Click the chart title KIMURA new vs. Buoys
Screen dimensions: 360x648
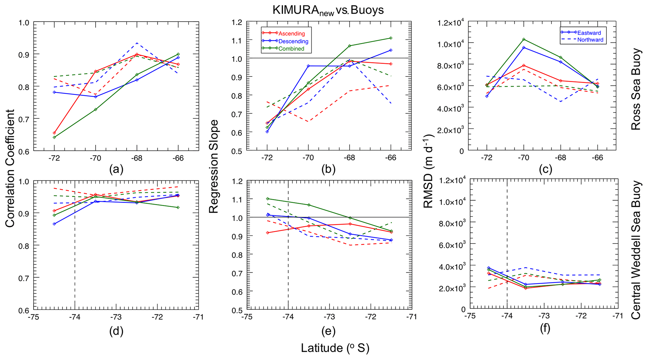pyautogui.click(x=328, y=10)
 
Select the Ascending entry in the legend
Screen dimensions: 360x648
pyautogui.click(x=291, y=34)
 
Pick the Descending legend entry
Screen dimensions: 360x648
pyautogui.click(x=293, y=41)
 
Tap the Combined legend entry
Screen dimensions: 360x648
pyautogui.click(x=291, y=49)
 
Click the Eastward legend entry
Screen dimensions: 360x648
pyautogui.click(x=589, y=33)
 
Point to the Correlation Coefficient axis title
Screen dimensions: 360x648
pyautogui.click(x=10, y=168)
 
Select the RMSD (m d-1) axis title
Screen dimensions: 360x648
pyautogui.click(x=429, y=171)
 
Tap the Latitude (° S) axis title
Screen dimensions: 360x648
pyautogui.click(x=335, y=348)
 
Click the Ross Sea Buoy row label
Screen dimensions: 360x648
pyautogui.click(x=636, y=89)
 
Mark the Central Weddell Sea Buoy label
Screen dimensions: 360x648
pyautogui.click(x=636, y=250)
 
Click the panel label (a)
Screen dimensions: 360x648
pyautogui.click(x=116, y=170)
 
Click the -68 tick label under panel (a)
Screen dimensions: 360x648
pyautogui.click(x=137, y=158)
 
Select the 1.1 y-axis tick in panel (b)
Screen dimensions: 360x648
pyautogui.click(x=237, y=40)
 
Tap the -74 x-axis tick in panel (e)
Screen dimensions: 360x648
pyautogui.click(x=288, y=317)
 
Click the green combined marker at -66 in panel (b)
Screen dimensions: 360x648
pyautogui.click(x=391, y=38)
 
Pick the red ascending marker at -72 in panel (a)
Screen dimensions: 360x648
pyautogui.click(x=54, y=133)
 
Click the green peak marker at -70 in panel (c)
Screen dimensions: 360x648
pyautogui.click(x=524, y=39)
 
